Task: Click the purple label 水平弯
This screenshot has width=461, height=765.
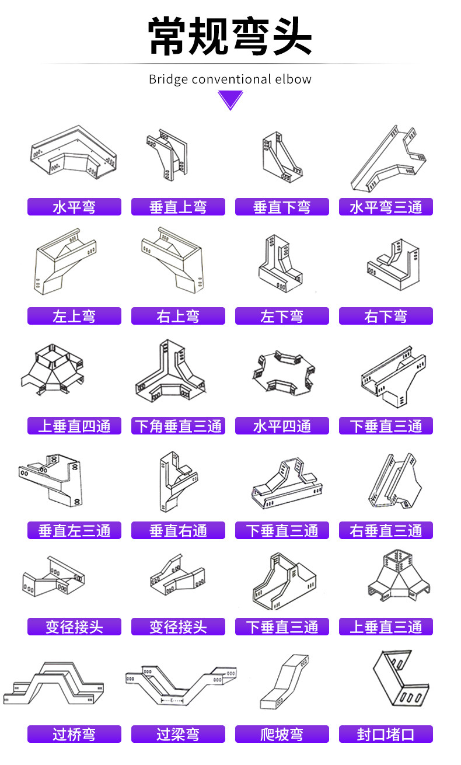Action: pos(74,207)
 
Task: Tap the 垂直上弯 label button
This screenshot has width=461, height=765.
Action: pos(178,207)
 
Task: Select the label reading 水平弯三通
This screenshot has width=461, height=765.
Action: pos(386,207)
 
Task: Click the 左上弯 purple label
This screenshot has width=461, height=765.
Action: pos(74,316)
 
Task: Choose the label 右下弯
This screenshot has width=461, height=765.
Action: pos(386,316)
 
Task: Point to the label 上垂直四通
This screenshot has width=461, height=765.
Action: pos(74,426)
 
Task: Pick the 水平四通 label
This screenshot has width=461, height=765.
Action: pos(282,426)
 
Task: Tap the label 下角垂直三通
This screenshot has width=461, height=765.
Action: pos(178,426)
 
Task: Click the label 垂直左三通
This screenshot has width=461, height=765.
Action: pos(74,530)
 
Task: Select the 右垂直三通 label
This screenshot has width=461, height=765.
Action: pos(386,530)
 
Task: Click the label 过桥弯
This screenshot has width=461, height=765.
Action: pos(74,734)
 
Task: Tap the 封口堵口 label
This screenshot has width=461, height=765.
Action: pos(386,734)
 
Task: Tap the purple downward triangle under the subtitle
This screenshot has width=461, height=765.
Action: pos(230,100)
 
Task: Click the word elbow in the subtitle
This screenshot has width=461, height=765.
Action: pos(295,79)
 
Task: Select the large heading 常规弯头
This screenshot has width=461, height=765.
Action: pos(230,36)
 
